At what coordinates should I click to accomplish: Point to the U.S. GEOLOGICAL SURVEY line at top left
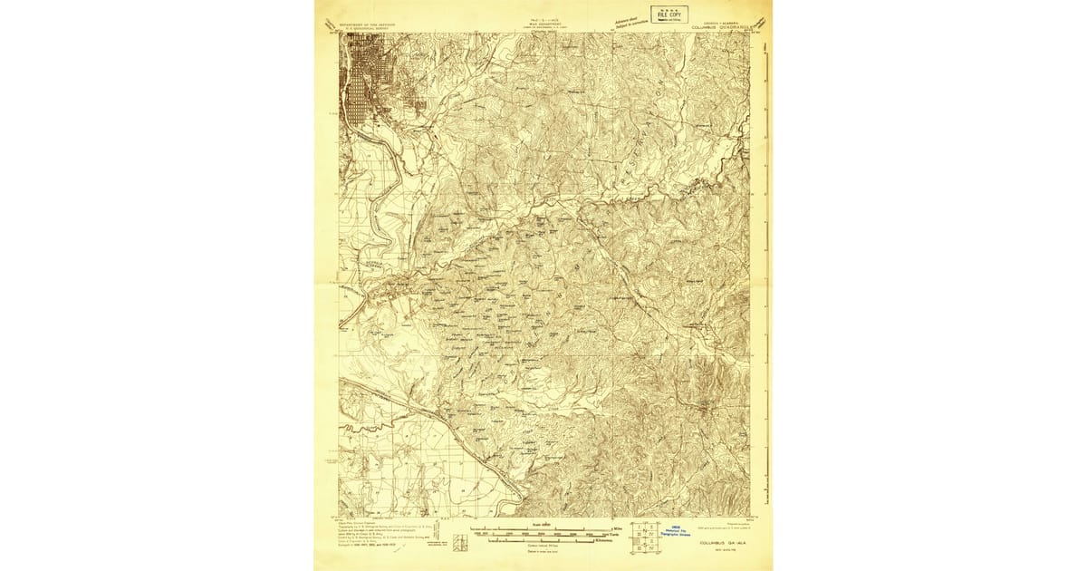tap(367, 29)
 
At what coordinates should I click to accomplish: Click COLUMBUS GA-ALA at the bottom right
tap(723, 544)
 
